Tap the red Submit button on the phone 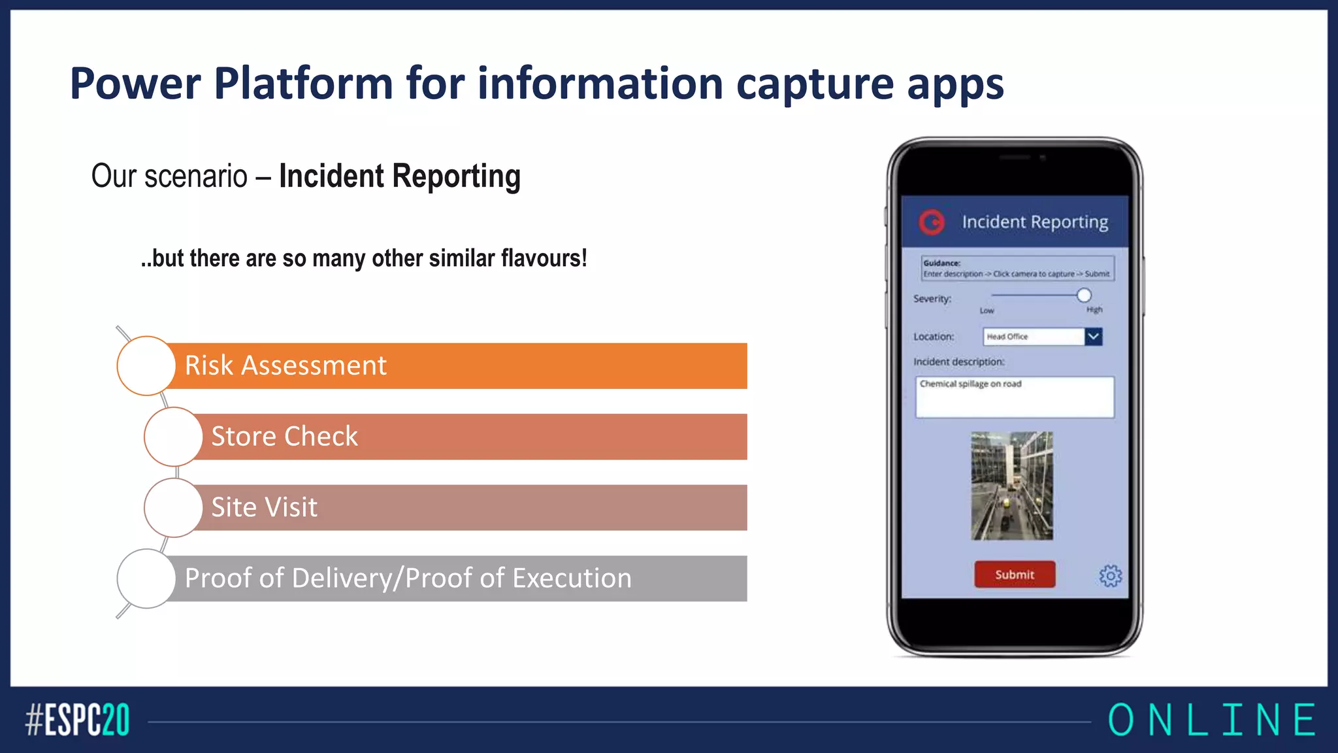tap(1014, 575)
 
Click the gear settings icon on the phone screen tap(1110, 576)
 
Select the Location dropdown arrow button tap(1094, 337)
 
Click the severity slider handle tap(1084, 295)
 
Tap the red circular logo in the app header tap(932, 222)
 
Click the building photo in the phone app tap(1012, 486)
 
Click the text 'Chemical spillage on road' tap(970, 384)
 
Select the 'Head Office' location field tap(1032, 337)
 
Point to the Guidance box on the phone tap(1017, 269)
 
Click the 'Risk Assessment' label tap(286, 365)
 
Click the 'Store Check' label tap(284, 437)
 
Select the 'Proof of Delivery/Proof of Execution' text tap(408, 578)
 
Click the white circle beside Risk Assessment tap(146, 366)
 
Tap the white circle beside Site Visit tap(173, 508)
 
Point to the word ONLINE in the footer tap(1212, 720)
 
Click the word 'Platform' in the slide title tap(304, 84)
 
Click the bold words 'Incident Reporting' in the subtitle tap(399, 176)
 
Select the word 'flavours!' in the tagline tap(544, 259)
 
